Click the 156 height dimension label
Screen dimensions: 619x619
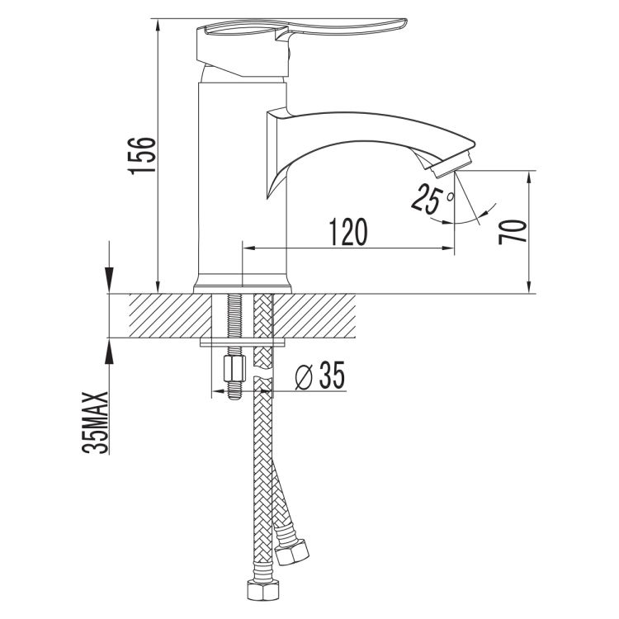pos(141,155)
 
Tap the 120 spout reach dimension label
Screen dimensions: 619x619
pos(347,232)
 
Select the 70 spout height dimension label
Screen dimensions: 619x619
pos(513,232)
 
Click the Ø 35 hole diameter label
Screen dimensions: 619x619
pos(319,375)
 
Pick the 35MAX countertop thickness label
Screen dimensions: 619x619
pos(95,423)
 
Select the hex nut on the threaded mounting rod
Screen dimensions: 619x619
pos(234,368)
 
